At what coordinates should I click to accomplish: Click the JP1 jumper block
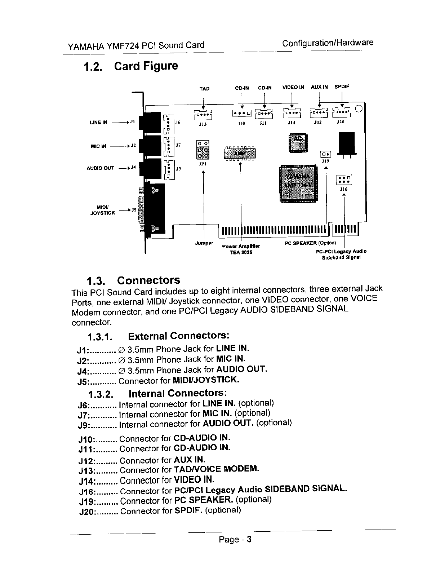202,149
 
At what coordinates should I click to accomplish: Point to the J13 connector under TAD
203,114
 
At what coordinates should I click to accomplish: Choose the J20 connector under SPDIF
341,113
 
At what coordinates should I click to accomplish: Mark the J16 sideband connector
343,180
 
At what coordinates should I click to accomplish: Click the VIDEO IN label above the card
293,87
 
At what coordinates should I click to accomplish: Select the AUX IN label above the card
319,87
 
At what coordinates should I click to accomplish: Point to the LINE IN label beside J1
98,123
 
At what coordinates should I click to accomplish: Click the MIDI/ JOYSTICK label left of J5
102,210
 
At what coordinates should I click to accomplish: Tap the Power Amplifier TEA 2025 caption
241,249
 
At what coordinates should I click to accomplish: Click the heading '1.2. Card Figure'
130,66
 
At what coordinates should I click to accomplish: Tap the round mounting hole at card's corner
358,109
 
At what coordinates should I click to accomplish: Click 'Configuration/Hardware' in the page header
328,43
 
